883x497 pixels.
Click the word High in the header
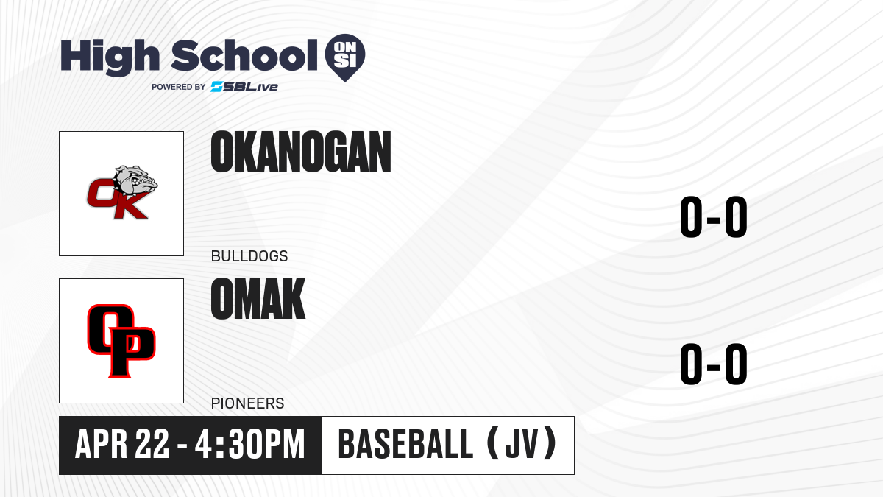(x=110, y=57)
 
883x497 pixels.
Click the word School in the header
(x=244, y=54)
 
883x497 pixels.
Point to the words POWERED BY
(x=179, y=87)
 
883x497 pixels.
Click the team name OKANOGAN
(x=301, y=152)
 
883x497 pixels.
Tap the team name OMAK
(x=258, y=299)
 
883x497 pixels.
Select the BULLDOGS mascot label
(x=249, y=256)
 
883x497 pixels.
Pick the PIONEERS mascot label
(x=247, y=403)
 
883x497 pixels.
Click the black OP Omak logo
(x=121, y=341)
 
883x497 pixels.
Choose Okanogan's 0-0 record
(x=714, y=217)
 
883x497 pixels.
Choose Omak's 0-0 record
(x=714, y=364)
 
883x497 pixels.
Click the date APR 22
(x=122, y=445)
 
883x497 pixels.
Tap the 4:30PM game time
(x=250, y=445)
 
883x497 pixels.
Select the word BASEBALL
(x=405, y=445)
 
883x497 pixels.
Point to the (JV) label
(x=522, y=444)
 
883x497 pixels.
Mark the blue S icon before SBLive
(x=217, y=87)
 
